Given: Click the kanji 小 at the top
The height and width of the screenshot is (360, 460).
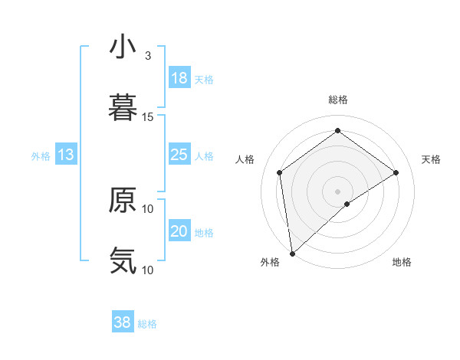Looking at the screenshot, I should click(x=122, y=47).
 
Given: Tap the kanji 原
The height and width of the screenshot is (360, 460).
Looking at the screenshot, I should click(x=122, y=200).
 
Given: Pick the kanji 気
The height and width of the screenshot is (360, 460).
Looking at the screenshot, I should click(x=122, y=260).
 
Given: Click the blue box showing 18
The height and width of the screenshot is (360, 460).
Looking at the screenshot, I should click(x=179, y=79).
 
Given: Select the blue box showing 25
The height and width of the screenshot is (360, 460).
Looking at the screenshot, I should click(x=179, y=155).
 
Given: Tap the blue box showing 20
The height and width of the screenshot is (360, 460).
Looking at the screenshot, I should click(x=179, y=232).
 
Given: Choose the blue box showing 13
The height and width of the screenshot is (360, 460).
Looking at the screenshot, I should click(x=66, y=155).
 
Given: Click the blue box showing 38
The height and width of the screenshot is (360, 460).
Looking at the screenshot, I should click(x=123, y=323).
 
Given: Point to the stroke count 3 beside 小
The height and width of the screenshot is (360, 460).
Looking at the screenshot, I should click(x=148, y=56).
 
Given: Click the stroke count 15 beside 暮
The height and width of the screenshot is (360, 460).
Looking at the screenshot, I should click(x=148, y=117).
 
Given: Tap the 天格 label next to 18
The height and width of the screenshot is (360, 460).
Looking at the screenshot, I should click(x=204, y=80).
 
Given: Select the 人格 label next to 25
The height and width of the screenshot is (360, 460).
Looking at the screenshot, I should click(x=204, y=156).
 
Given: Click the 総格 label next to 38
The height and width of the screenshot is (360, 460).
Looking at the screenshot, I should click(x=147, y=324).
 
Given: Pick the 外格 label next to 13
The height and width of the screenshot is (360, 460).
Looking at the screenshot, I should click(x=41, y=156).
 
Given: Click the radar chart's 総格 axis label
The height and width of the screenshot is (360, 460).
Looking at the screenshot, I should click(x=337, y=100).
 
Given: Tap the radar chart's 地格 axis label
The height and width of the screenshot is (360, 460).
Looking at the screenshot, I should click(x=402, y=262).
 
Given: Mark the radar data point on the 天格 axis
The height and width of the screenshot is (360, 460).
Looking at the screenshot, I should click(x=396, y=172).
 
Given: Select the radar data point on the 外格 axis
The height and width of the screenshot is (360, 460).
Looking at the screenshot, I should click(x=292, y=254).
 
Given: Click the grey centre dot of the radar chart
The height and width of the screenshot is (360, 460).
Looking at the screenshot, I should click(x=337, y=191).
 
